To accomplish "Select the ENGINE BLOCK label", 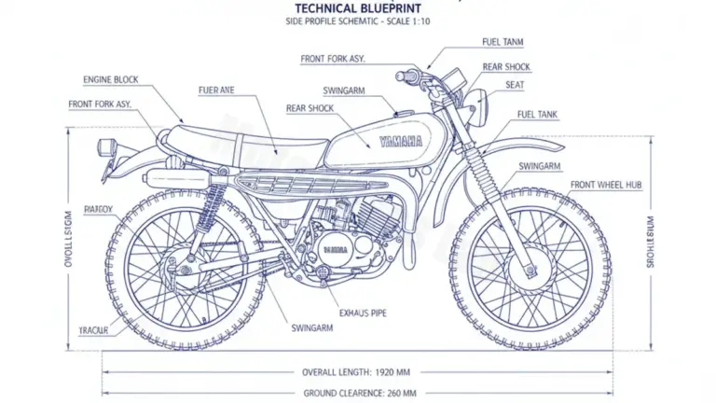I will point(110,80).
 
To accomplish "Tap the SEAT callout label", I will point(514,85).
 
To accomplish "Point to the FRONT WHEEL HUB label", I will point(606,186).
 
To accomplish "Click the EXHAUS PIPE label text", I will point(365,313).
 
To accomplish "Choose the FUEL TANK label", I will point(537,115).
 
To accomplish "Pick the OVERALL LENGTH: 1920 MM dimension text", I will point(358,371).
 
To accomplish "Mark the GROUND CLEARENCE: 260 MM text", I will point(359,393).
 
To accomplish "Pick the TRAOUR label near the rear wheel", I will point(93,330).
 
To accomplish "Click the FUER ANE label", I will point(215,90).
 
